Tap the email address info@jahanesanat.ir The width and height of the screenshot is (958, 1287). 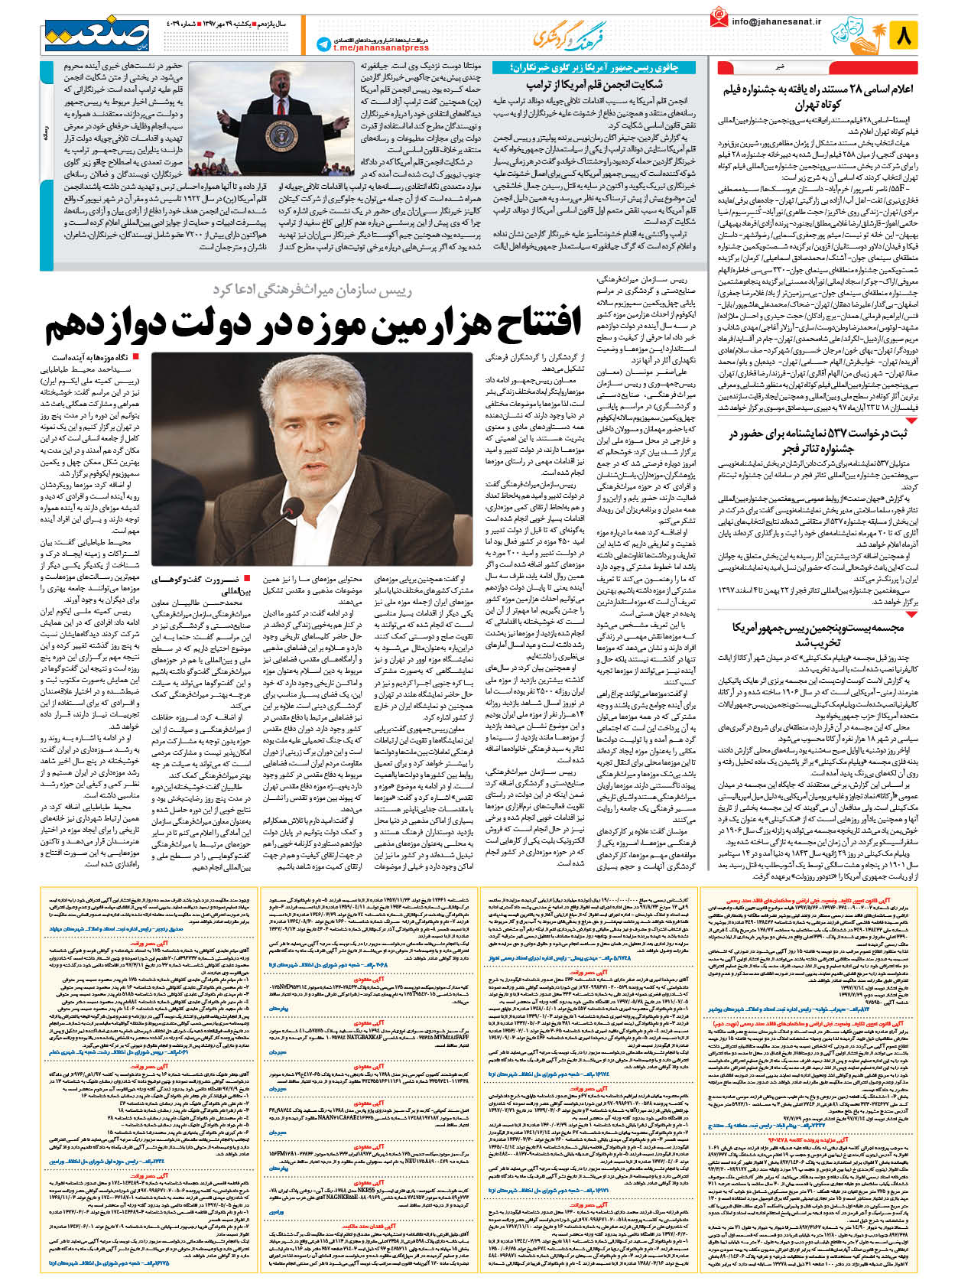778,22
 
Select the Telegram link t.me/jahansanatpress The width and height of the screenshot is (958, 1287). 371,48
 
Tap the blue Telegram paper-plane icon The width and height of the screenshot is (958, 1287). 323,44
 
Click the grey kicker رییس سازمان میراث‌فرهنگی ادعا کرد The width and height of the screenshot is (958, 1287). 311,288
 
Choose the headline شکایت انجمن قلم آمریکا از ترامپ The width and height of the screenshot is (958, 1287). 594,84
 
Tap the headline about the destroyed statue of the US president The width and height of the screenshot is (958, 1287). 817,634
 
